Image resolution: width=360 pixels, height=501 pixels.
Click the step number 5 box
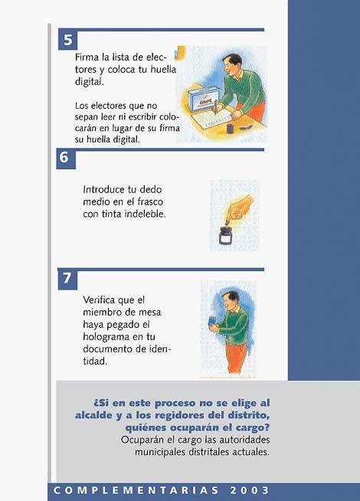[67, 39]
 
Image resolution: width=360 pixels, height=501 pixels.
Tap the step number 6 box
[66, 158]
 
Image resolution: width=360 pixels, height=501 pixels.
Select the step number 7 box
[67, 278]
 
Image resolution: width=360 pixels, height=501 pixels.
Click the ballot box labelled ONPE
[204, 99]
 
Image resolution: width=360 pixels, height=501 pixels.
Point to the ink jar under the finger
[225, 235]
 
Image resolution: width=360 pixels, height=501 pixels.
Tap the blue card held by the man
[211, 321]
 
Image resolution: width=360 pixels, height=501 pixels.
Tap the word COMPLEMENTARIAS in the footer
[136, 490]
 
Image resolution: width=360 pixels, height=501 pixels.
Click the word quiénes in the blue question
[146, 427]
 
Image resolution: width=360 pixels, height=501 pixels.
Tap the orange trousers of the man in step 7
[237, 358]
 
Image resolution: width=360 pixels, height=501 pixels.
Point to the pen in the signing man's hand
[215, 107]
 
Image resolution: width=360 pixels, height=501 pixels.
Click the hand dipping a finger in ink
[240, 209]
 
